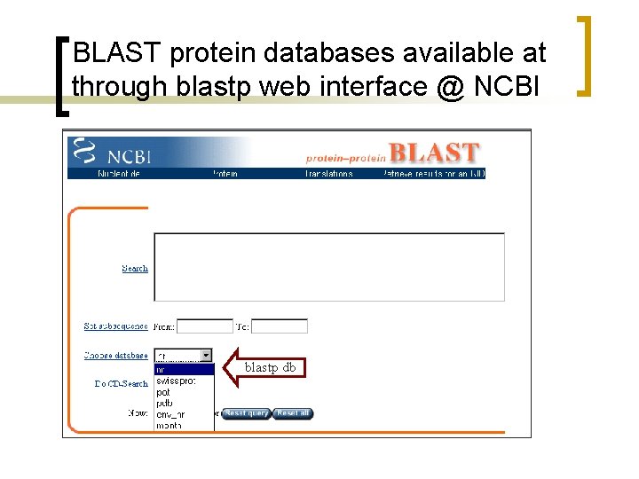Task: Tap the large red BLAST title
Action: click(x=434, y=153)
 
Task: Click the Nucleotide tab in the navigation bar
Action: click(x=119, y=174)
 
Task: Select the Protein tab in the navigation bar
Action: click(x=225, y=174)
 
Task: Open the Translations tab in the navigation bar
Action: click(x=328, y=174)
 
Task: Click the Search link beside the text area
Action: click(x=135, y=268)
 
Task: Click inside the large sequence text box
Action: click(x=328, y=266)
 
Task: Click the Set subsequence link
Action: click(x=115, y=326)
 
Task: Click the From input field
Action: click(x=204, y=326)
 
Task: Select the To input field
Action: click(x=279, y=326)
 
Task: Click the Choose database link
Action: click(x=115, y=355)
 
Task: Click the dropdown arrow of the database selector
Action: click(x=207, y=355)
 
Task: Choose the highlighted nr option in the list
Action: click(x=184, y=370)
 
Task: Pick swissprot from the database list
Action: click(x=184, y=381)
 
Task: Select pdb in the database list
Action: click(x=184, y=403)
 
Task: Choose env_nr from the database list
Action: click(x=184, y=414)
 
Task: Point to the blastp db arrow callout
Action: click(x=266, y=367)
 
